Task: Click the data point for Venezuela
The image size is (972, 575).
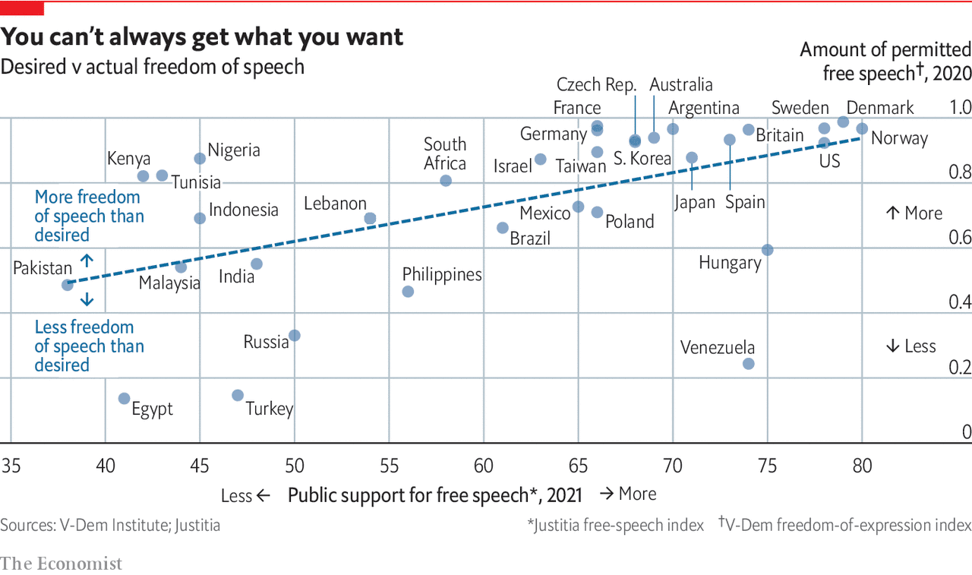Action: click(x=748, y=364)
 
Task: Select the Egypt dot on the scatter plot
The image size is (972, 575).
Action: click(x=125, y=399)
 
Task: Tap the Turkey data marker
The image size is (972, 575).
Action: click(x=238, y=395)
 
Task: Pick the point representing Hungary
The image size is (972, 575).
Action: click(x=767, y=250)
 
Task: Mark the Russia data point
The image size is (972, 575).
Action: click(x=295, y=335)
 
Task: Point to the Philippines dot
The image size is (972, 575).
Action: click(x=408, y=292)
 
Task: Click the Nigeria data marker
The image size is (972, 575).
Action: click(x=200, y=159)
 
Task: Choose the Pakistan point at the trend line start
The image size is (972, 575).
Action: click(x=68, y=285)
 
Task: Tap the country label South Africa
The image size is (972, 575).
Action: click(x=445, y=153)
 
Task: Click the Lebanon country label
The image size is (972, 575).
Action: click(x=335, y=204)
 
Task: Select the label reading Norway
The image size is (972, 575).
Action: click(x=899, y=138)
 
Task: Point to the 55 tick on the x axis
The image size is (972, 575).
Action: click(x=389, y=465)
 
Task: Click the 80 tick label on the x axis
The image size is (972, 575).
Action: click(x=861, y=465)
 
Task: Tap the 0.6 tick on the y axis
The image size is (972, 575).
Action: click(x=960, y=238)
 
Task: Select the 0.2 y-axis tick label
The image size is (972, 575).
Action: click(x=960, y=368)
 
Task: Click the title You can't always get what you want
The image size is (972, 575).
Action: click(x=202, y=37)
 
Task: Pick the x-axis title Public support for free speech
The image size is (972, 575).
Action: click(x=434, y=495)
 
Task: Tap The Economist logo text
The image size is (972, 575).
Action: click(x=61, y=564)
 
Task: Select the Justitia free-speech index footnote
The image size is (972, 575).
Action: click(x=616, y=525)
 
